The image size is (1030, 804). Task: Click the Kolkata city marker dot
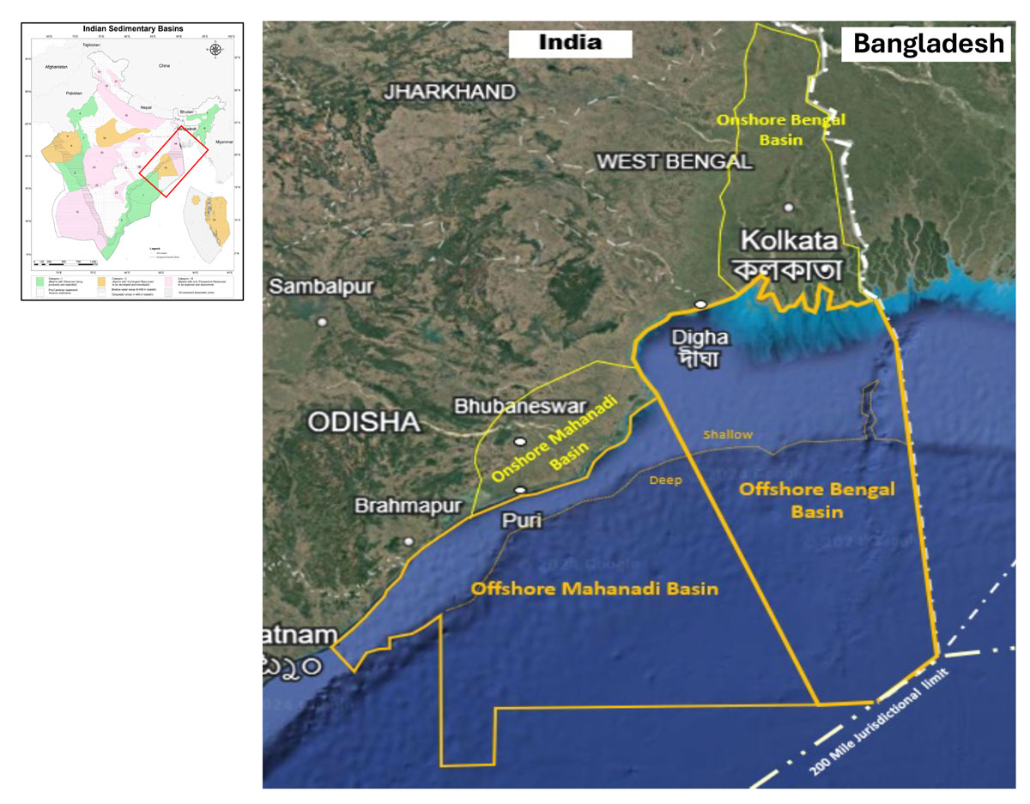pos(788,207)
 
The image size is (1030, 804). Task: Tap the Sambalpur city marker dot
pos(323,322)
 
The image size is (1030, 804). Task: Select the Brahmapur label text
pos(402,506)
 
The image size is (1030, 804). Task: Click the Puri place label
pos(523,520)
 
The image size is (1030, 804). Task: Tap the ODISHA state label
pos(365,422)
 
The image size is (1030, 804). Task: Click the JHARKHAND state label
pos(451,92)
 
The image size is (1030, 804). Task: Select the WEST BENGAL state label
pos(675,161)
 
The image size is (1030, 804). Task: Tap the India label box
pos(570,42)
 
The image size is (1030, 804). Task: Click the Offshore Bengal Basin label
pos(817,500)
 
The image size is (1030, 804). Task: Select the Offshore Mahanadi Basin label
pos(595,589)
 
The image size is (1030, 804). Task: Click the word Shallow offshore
pos(728,435)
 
